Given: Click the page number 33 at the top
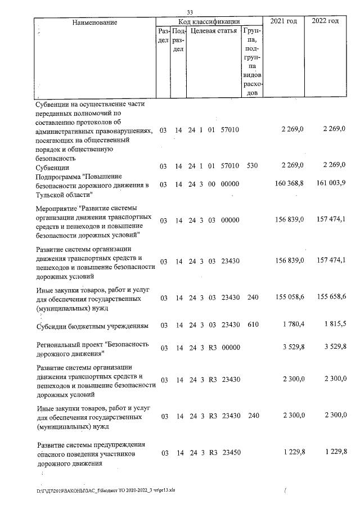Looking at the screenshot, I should pyautogui.click(x=190, y=12).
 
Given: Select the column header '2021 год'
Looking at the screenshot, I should pyautogui.click(x=283, y=21).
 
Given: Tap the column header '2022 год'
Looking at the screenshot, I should pyautogui.click(x=325, y=21).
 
